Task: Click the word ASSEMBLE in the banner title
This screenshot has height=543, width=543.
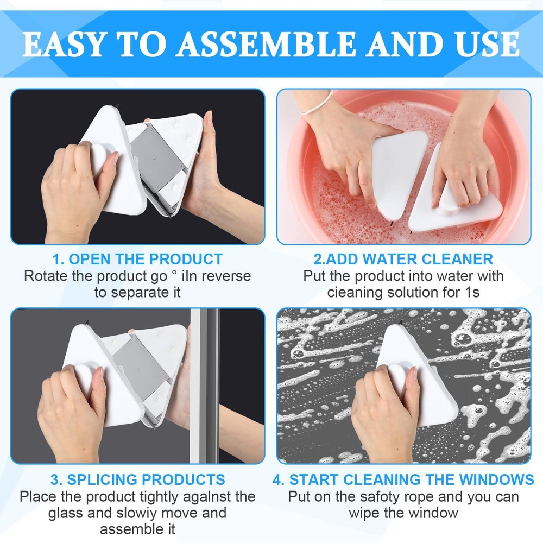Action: [266, 44]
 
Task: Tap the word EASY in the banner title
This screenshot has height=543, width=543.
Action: [64, 44]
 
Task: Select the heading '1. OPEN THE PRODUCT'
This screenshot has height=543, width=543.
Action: [137, 259]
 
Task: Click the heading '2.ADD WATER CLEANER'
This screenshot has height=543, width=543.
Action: [403, 259]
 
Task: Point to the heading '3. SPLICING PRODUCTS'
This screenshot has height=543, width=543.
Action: [137, 479]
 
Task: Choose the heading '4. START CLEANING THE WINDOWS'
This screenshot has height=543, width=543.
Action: [403, 479]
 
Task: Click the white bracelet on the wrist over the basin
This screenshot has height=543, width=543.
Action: [316, 104]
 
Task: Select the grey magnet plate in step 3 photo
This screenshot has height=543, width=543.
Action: [141, 369]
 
